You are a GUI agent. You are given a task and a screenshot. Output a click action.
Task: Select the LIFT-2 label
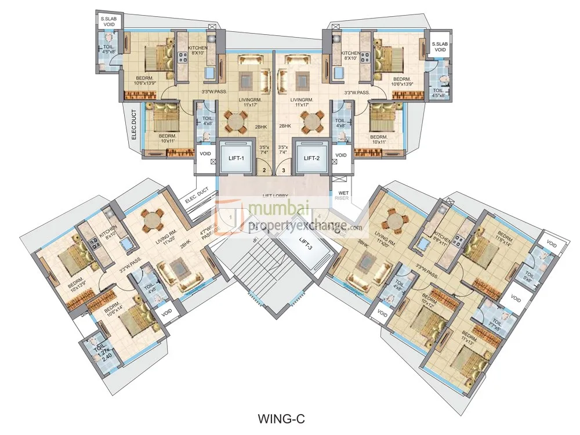point(311,157)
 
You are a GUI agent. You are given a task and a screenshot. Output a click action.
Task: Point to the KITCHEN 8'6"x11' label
point(443,239)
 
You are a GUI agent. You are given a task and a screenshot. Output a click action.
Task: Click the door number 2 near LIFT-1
point(264,171)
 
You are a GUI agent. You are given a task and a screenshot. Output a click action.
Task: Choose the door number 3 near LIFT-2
point(284,171)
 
